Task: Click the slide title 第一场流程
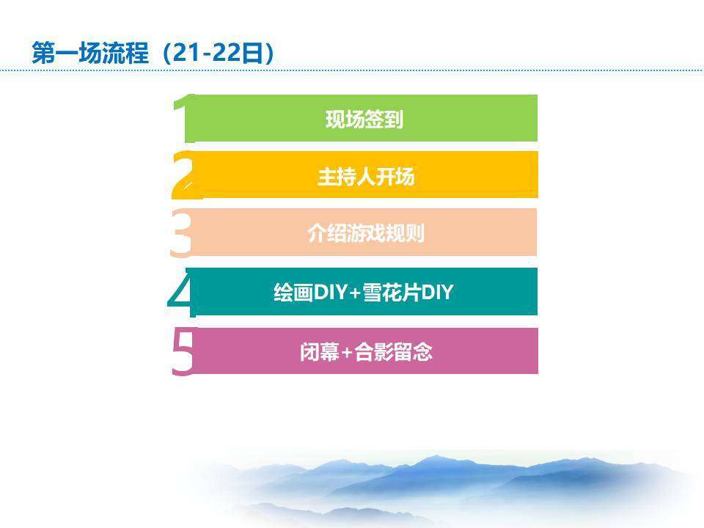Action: click(x=90, y=53)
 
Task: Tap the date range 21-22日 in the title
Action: click(x=218, y=53)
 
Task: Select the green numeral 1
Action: click(x=185, y=119)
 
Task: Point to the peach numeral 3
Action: click(x=181, y=233)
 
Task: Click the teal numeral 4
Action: click(x=181, y=292)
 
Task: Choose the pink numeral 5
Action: click(x=183, y=351)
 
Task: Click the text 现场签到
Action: click(x=364, y=120)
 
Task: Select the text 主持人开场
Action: click(x=366, y=177)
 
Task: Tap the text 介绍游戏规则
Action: click(x=366, y=233)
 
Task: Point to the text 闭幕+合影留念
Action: click(x=366, y=351)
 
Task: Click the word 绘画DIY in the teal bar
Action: click(x=311, y=293)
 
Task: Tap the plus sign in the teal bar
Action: click(x=355, y=293)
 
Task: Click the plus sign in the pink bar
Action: click(x=348, y=353)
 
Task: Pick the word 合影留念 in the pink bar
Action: click(x=393, y=351)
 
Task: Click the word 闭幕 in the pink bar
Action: click(x=320, y=351)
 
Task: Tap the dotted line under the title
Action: click(x=352, y=70)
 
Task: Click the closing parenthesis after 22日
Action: click(x=268, y=54)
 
